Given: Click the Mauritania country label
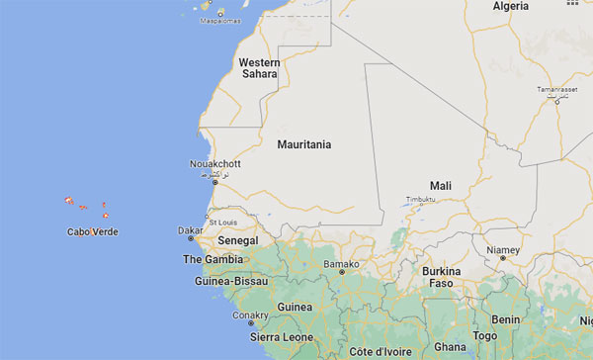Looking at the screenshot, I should click(304, 144).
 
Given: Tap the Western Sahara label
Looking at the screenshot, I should click(260, 68).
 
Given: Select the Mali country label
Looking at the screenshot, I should click(441, 186).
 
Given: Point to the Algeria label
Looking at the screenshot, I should click(512, 7).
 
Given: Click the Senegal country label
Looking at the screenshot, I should click(238, 241).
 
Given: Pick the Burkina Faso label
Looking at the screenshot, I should click(442, 277).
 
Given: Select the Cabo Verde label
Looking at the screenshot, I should click(93, 232).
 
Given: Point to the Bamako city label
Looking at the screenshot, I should click(341, 264).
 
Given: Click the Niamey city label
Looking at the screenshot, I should click(503, 250).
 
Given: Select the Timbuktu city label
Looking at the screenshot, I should click(420, 199).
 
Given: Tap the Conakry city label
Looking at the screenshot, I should click(250, 315).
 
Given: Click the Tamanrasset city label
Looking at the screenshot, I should click(556, 90).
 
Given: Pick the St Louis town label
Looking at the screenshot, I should click(223, 223).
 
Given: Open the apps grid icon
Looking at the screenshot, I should click(572, 4).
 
